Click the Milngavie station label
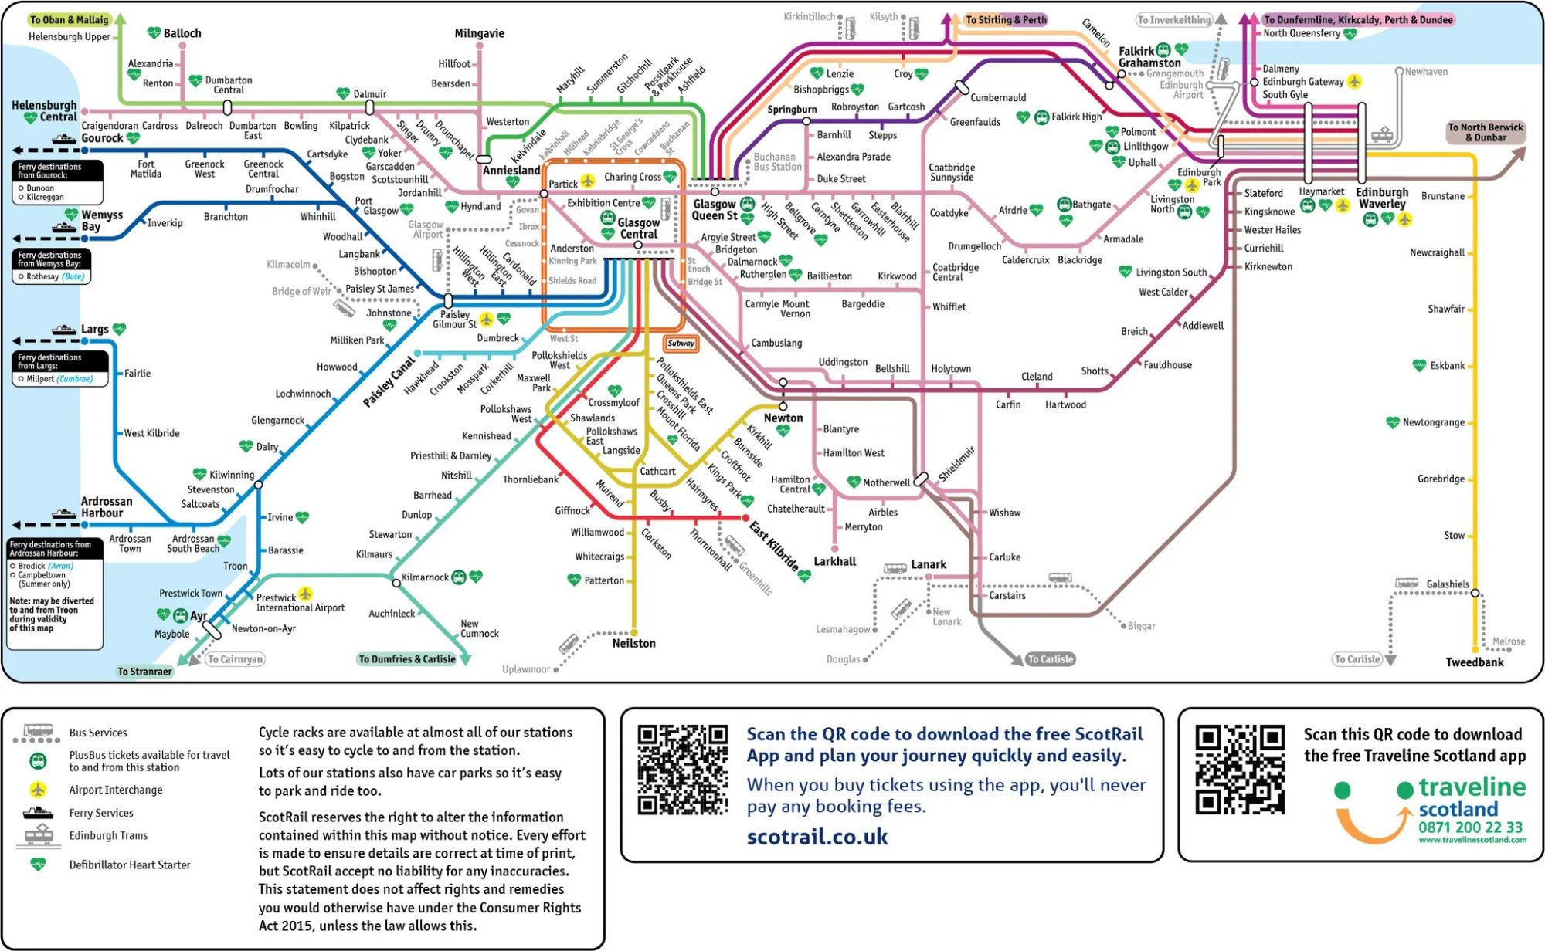(x=479, y=33)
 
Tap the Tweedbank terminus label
(x=1474, y=662)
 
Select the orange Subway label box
(x=681, y=344)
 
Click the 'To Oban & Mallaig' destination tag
(x=69, y=20)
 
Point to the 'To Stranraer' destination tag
(x=144, y=672)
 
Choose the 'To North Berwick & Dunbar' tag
(x=1485, y=132)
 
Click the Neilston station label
(x=633, y=643)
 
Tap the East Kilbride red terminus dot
(x=745, y=518)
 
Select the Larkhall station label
(x=834, y=561)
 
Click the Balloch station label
(x=182, y=33)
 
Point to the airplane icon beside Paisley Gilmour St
(x=486, y=319)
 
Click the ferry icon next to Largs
(x=64, y=330)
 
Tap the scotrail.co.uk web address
(x=817, y=837)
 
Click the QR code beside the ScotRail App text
(x=683, y=770)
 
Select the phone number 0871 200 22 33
(x=1470, y=827)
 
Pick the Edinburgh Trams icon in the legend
(x=38, y=836)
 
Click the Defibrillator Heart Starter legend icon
(x=38, y=865)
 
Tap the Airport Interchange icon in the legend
(x=38, y=790)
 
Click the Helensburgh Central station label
(x=44, y=110)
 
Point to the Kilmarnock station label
(x=425, y=577)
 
